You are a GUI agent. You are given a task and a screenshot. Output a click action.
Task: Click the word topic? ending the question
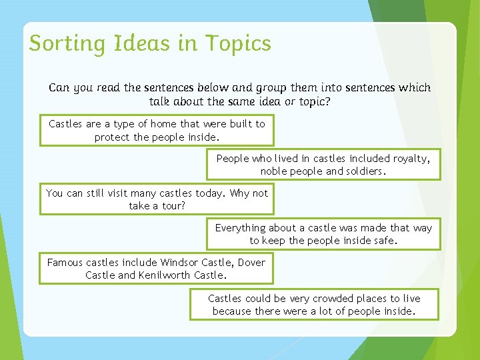[312, 102]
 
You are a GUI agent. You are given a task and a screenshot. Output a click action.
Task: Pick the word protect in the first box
[112, 137]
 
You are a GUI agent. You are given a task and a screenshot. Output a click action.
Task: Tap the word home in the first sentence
[164, 124]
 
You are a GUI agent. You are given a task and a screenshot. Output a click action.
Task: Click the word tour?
[171, 206]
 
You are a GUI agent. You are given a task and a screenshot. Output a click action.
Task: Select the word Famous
[65, 263]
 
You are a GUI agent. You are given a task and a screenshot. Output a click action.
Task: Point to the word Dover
[250, 263]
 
